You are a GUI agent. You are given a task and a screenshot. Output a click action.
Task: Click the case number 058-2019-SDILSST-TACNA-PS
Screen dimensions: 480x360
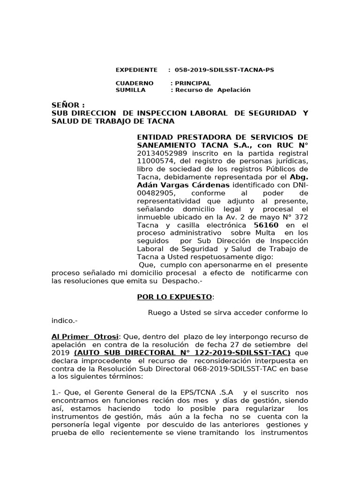click(x=224, y=70)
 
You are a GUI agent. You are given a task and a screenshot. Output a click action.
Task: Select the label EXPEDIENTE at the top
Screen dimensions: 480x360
click(x=136, y=70)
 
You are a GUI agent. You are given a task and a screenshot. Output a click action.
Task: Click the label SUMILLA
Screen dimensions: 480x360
click(x=130, y=90)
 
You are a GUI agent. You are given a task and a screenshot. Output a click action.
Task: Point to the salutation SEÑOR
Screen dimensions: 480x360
click(x=68, y=105)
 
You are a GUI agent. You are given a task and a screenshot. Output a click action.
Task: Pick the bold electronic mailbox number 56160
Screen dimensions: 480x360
click(x=266, y=225)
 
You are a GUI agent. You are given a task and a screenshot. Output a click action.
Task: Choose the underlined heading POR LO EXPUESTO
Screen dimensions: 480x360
click(x=174, y=297)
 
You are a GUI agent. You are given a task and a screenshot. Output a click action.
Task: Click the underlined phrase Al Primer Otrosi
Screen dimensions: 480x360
click(x=85, y=337)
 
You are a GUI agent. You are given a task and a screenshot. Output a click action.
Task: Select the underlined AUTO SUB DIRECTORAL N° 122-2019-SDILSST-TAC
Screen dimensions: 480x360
click(x=182, y=352)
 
